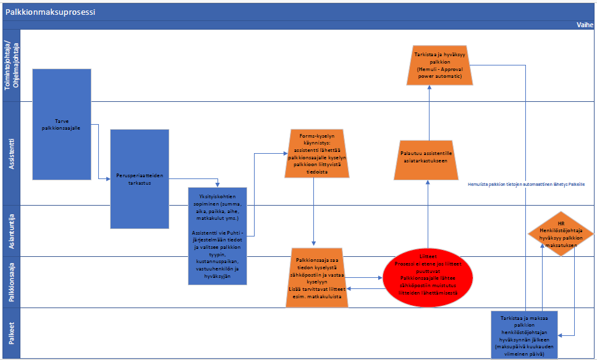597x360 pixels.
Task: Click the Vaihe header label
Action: [x=585, y=25]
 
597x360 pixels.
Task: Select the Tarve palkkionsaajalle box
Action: [x=62, y=123]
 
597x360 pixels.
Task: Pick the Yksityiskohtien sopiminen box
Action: [x=217, y=235]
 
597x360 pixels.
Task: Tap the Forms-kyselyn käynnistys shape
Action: [x=316, y=153]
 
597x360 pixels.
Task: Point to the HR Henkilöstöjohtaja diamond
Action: [x=561, y=232]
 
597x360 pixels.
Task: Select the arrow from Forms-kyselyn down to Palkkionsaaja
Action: [x=315, y=210]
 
